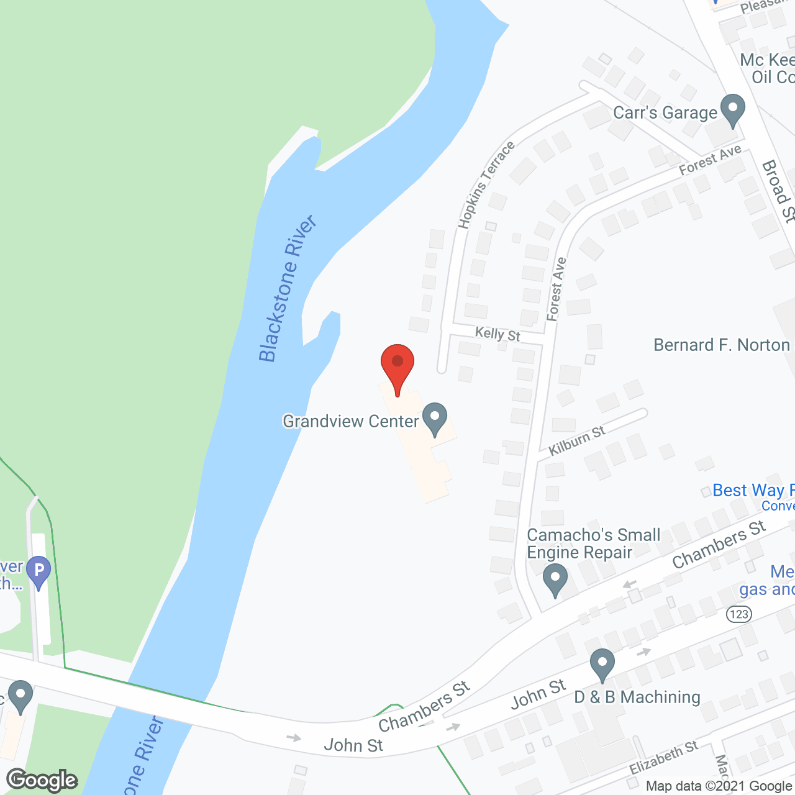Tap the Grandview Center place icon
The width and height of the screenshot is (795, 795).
click(x=435, y=419)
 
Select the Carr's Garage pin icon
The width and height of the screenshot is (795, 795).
click(x=733, y=109)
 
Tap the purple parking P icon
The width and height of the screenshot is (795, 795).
click(x=39, y=570)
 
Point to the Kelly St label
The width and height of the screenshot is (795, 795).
click(x=497, y=334)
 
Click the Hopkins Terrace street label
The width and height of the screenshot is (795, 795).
click(x=486, y=184)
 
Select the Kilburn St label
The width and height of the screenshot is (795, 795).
click(x=577, y=440)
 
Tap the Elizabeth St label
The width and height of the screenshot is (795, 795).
click(x=663, y=757)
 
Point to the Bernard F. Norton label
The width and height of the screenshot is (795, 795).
click(x=722, y=345)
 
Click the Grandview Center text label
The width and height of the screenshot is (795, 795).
click(x=351, y=421)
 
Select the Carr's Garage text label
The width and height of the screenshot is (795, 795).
click(x=665, y=112)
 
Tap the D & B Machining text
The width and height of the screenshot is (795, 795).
click(x=637, y=697)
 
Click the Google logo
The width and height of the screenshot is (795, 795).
click(x=42, y=780)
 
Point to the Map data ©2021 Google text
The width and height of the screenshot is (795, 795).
click(x=719, y=786)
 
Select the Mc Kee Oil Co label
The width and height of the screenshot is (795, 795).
click(x=768, y=68)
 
